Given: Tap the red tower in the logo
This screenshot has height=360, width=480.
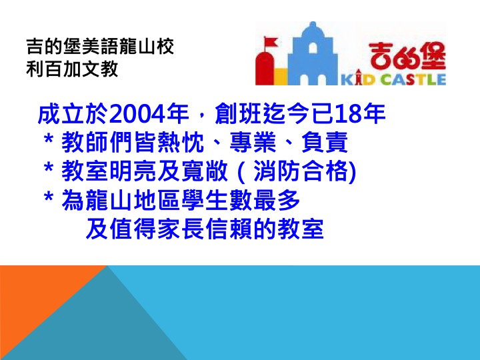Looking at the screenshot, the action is pyautogui.click(x=264, y=68).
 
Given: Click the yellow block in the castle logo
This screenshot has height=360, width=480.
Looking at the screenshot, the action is pyautogui.click(x=281, y=77).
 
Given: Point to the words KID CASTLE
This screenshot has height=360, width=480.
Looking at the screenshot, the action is pyautogui.click(x=393, y=79).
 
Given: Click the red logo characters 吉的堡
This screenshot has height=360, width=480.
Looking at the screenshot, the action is pyautogui.click(x=407, y=56).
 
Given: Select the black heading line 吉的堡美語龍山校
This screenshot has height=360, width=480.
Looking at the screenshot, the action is pyautogui.click(x=100, y=47).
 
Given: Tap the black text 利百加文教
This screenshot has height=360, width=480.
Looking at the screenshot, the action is pyautogui.click(x=72, y=69).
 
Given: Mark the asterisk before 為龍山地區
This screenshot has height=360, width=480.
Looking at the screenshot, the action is pyautogui.click(x=49, y=197).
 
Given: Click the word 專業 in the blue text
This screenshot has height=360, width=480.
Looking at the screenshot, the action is pyautogui.click(x=253, y=142).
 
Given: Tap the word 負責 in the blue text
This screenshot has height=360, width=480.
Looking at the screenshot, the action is pyautogui.click(x=325, y=142).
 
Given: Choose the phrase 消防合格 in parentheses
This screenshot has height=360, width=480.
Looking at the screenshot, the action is pyautogui.click(x=301, y=171).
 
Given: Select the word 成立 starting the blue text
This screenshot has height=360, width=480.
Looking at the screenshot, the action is pyautogui.click(x=61, y=115).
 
